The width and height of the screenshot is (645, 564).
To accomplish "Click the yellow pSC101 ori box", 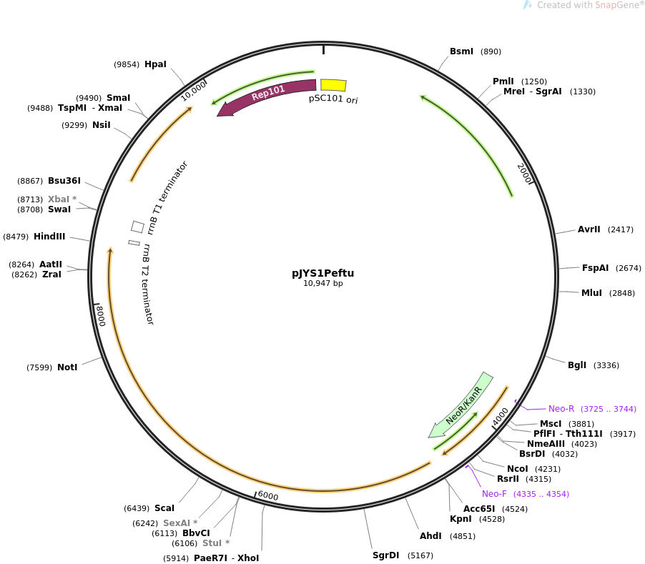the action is coord(334,85).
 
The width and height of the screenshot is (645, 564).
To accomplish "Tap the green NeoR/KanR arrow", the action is coord(461,405).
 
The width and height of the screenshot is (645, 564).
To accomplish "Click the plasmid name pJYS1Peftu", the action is coord(323,273).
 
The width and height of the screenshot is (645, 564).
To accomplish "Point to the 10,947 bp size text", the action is coord(323,283).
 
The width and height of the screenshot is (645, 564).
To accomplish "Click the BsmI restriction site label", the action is coord(461,51).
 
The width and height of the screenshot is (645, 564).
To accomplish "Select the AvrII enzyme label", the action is coord(589,229).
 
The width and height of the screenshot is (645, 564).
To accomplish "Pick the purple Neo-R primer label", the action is coord(561,409).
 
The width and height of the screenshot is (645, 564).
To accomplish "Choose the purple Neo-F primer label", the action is coord(494,494).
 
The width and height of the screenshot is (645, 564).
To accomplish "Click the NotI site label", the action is coord(67,367).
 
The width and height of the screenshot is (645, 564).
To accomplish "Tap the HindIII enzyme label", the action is coord(49,237).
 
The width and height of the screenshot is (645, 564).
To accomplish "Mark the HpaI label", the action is coord(155,64).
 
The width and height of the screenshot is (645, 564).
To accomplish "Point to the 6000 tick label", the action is coord(268,496).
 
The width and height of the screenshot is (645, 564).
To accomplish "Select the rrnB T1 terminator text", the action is coord(167,198).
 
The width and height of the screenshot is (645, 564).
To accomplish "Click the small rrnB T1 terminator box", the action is coord(138,227).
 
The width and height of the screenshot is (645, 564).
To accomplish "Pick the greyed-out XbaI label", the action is coord(59,199).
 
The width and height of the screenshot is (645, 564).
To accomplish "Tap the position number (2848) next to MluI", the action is coord(622,293).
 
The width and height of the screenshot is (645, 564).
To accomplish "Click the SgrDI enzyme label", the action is coord(386,555).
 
